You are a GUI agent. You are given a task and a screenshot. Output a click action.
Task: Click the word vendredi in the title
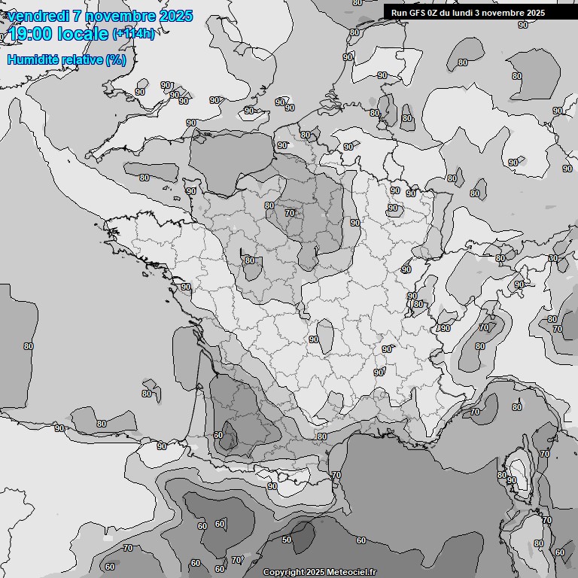(x=38, y=16)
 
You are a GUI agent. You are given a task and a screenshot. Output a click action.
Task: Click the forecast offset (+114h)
(x=133, y=34)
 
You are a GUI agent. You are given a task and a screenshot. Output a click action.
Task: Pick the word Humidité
(x=33, y=59)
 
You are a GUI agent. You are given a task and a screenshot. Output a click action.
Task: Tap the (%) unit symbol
(x=116, y=59)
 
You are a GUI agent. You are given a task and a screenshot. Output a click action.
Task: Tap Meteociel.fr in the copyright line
(x=353, y=572)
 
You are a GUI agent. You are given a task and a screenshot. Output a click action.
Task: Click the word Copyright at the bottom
(x=283, y=572)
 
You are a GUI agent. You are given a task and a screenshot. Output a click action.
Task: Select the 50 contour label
(x=287, y=540)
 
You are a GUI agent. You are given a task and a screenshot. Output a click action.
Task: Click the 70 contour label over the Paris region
(x=290, y=213)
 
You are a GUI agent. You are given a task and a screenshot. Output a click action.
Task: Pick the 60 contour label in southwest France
(x=218, y=435)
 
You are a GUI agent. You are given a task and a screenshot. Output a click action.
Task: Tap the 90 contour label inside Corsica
(x=512, y=480)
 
